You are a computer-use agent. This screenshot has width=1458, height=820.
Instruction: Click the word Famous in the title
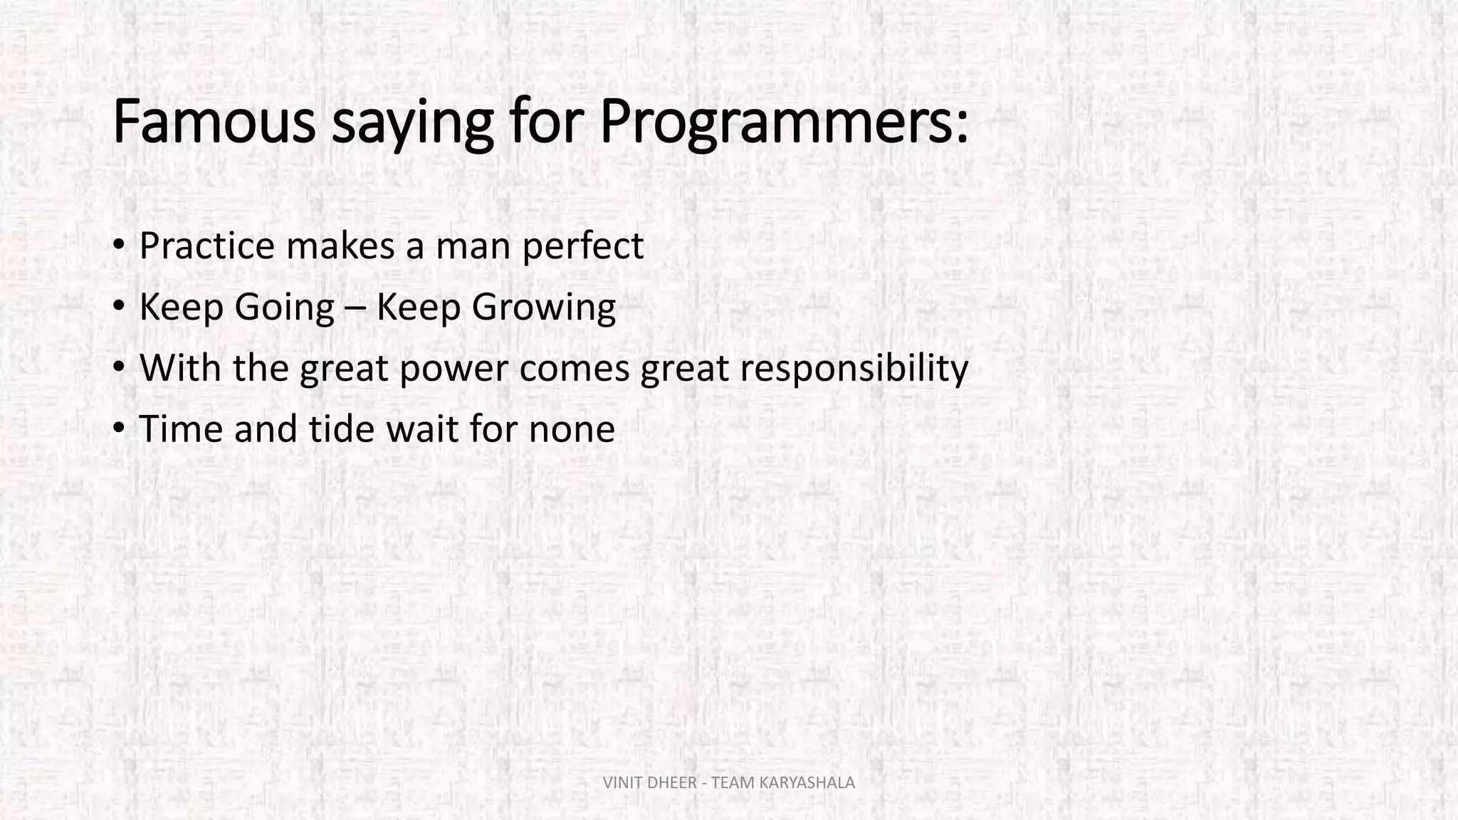point(214,122)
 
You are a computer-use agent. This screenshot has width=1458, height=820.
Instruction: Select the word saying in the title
point(413,122)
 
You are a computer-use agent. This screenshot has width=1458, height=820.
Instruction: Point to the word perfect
point(583,246)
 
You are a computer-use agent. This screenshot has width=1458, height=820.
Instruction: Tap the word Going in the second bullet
point(284,307)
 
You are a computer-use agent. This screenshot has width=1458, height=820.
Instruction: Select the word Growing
point(543,307)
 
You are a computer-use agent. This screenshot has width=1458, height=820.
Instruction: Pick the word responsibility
point(854,369)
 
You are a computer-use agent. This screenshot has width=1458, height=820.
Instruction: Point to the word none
point(572,429)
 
